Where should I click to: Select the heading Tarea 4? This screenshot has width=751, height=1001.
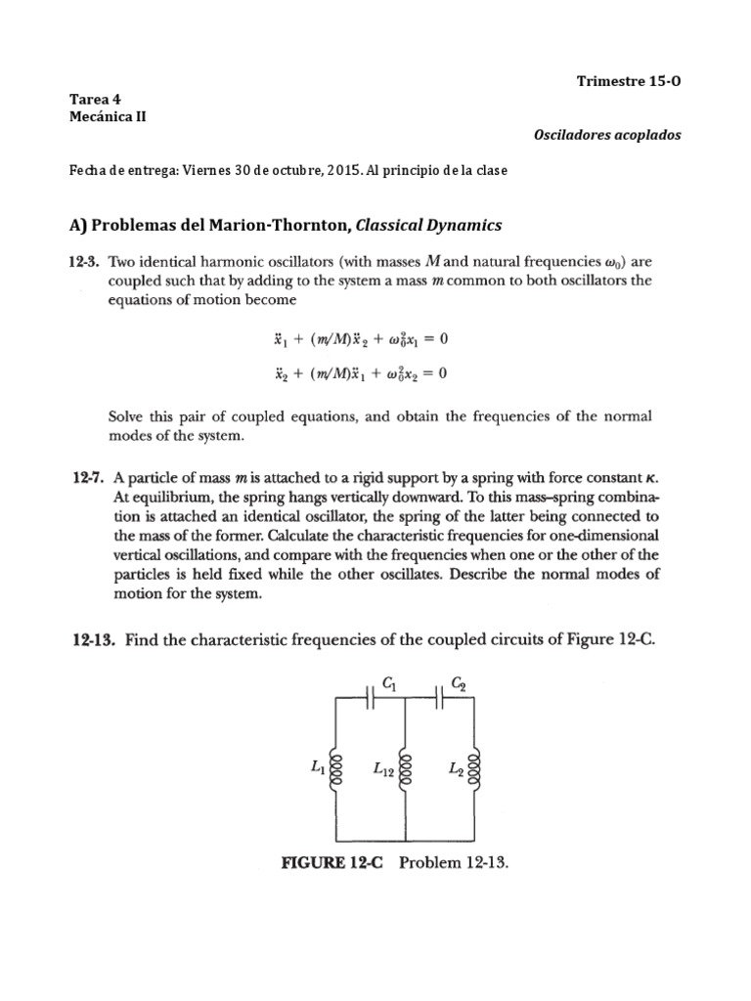94,100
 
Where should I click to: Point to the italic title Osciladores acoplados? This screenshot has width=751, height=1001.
621,135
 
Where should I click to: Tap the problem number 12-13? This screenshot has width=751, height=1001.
92,641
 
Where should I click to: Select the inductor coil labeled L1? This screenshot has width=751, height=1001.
337,769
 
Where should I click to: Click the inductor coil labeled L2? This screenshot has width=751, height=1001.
476,769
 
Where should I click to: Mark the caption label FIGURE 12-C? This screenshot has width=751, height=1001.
333,864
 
